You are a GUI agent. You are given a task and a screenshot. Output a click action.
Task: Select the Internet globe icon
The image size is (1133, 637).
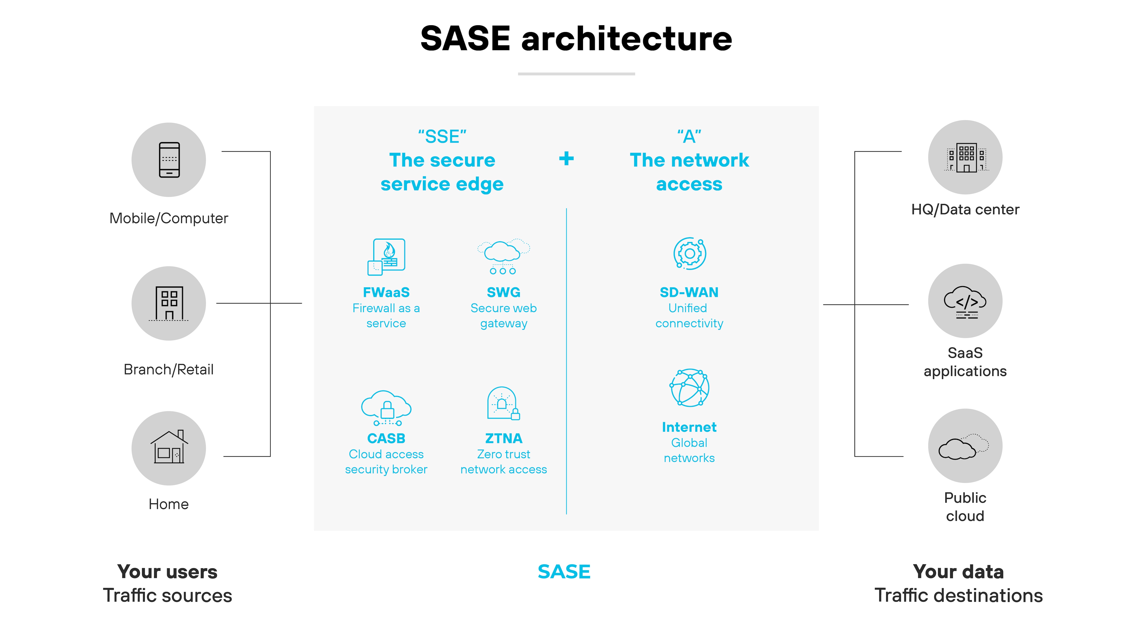(x=689, y=388)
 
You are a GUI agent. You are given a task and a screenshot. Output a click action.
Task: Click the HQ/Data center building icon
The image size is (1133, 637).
(x=965, y=157)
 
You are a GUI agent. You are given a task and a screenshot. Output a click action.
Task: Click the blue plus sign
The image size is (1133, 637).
(x=566, y=159)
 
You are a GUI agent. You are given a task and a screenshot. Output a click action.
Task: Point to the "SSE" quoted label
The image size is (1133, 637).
(x=442, y=137)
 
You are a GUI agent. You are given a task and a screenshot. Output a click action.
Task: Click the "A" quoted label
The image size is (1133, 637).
(x=689, y=137)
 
